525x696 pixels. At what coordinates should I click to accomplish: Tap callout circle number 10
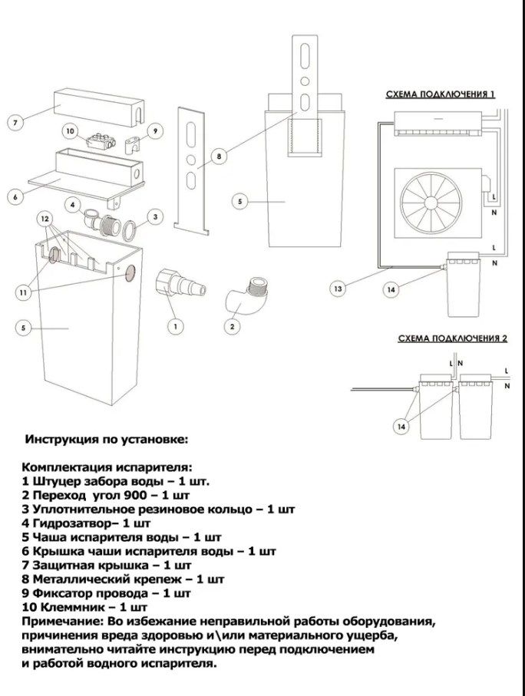(71, 131)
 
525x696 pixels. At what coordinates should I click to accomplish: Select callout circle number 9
(154, 131)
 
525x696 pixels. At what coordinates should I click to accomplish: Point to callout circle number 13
(338, 289)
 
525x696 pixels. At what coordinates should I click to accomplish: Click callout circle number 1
(175, 326)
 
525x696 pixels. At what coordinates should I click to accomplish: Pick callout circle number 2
(230, 326)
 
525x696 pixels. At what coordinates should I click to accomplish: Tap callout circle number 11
(23, 292)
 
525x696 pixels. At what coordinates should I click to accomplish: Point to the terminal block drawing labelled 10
(101, 141)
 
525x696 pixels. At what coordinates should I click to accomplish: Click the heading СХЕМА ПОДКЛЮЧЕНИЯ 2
(452, 338)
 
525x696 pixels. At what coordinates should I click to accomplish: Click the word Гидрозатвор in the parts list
(68, 523)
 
